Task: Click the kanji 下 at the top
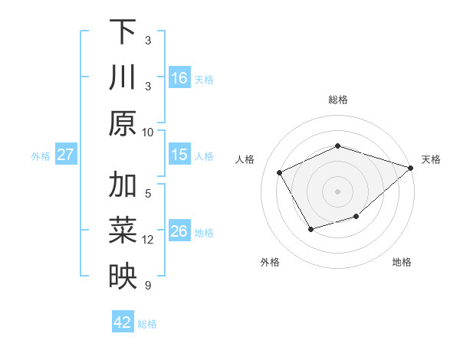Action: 123,32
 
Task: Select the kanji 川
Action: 123,78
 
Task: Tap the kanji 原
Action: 123,123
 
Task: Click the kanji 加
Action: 123,185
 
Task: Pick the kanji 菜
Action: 123,231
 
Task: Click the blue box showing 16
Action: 179,78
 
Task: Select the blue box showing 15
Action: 179,155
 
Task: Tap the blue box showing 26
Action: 179,231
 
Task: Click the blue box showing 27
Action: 66,155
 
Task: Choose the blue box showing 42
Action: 123,322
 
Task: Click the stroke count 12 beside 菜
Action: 148,240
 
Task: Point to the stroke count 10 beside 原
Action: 148,132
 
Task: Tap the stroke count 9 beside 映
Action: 148,286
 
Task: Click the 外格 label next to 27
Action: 41,155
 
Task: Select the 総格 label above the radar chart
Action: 338,100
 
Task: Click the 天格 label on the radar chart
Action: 432,159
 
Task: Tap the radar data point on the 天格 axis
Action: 411,168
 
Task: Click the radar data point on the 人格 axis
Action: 280,172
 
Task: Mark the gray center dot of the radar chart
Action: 337,191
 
